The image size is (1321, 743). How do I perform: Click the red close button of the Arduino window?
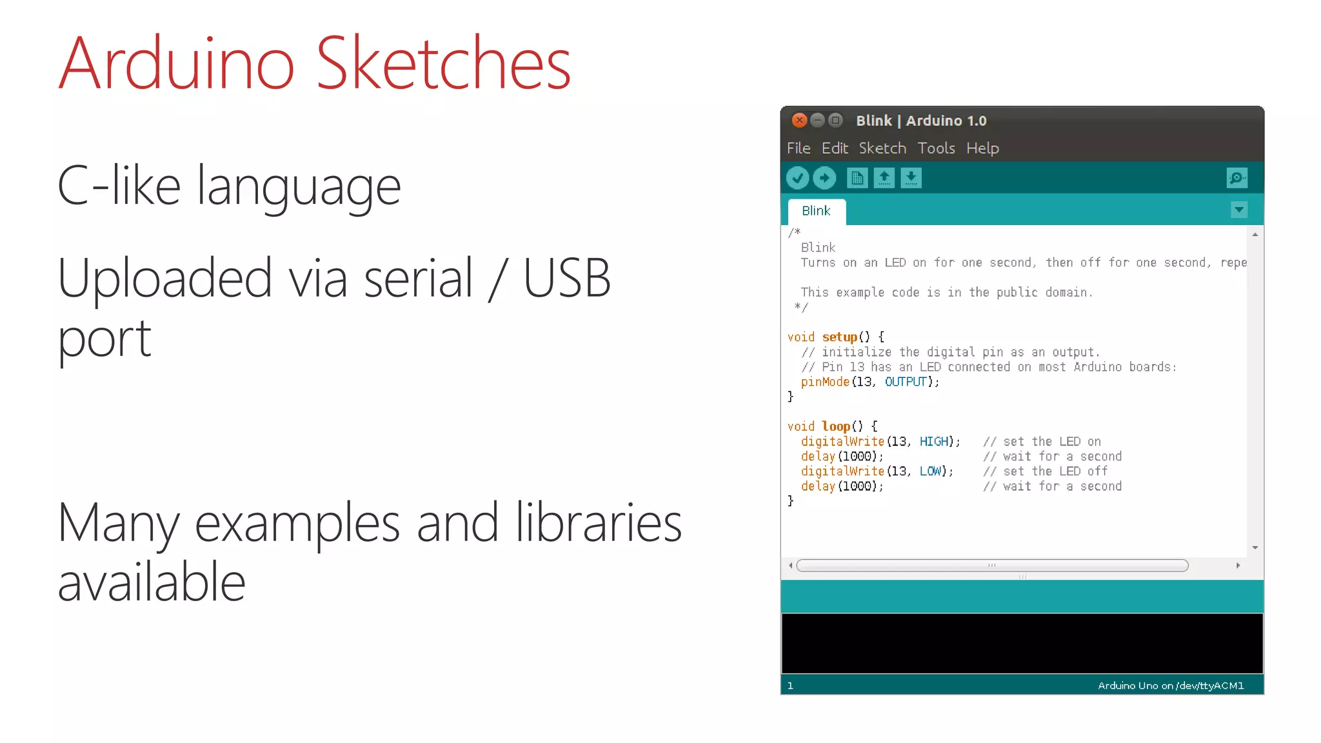pyautogui.click(x=799, y=121)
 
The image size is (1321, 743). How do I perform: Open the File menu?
pyautogui.click(x=799, y=148)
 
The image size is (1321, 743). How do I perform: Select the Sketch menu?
pyautogui.click(x=882, y=148)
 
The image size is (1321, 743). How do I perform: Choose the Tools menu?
pyautogui.click(x=936, y=148)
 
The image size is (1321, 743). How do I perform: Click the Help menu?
pyautogui.click(x=982, y=148)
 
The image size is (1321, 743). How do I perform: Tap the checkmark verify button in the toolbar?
pyautogui.click(x=798, y=178)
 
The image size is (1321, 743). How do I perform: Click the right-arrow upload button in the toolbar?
pyautogui.click(x=824, y=178)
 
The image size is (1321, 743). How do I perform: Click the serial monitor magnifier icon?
pyautogui.click(x=1237, y=178)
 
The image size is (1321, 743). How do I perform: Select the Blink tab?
pyautogui.click(x=816, y=211)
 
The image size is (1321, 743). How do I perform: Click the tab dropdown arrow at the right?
pyautogui.click(x=1238, y=210)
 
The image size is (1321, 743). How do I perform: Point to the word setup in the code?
pyautogui.click(x=839, y=337)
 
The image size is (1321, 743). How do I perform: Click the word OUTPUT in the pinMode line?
pyautogui.click(x=906, y=382)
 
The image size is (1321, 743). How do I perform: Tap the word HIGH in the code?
pyautogui.click(x=934, y=442)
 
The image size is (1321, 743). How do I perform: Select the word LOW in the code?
pyautogui.click(x=930, y=471)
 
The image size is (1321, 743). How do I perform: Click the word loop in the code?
pyautogui.click(x=836, y=426)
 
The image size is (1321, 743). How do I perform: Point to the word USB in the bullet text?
pyautogui.click(x=566, y=279)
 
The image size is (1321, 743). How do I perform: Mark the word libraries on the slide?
pyautogui.click(x=598, y=523)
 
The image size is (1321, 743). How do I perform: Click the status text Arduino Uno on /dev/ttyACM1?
pyautogui.click(x=1171, y=686)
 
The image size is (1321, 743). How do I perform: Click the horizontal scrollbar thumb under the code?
pyautogui.click(x=992, y=566)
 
